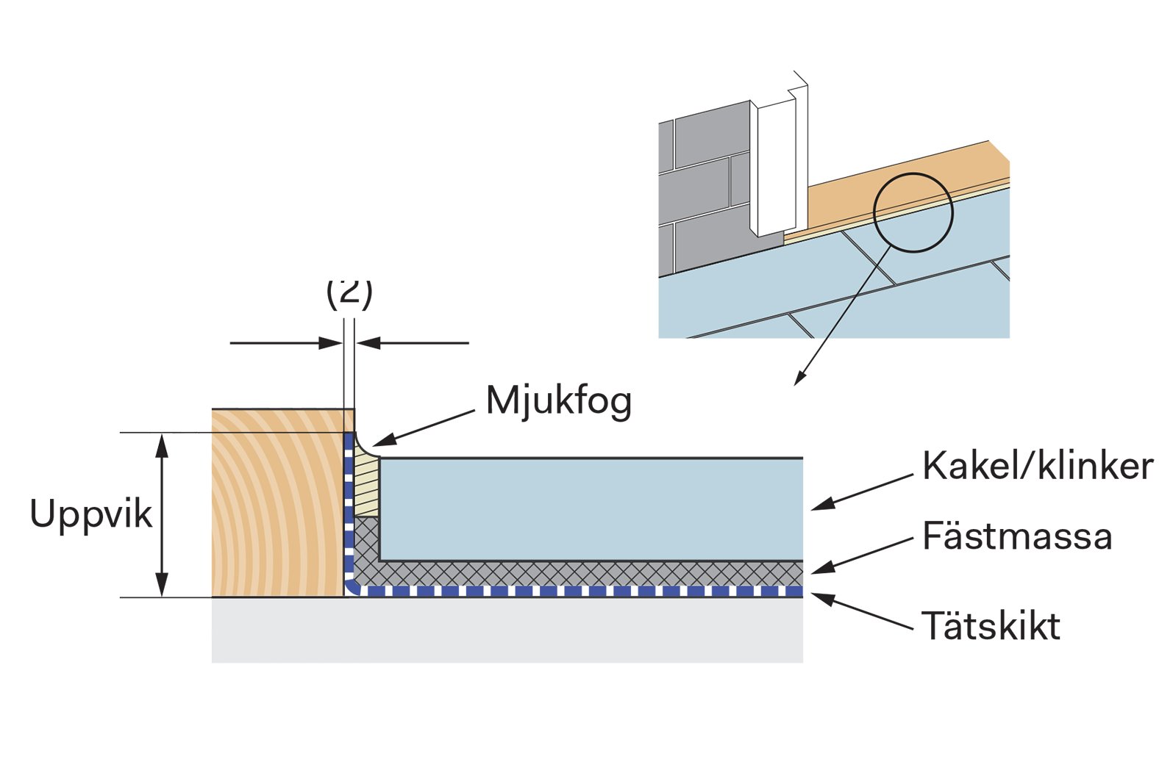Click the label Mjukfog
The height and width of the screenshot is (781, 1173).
(x=558, y=401)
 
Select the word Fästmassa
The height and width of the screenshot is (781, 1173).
(x=1016, y=536)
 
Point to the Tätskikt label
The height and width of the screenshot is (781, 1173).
(x=990, y=627)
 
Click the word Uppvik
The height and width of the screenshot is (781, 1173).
(x=90, y=514)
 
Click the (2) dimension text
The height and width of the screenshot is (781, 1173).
(x=349, y=292)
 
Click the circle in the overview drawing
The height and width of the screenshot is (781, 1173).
(x=913, y=213)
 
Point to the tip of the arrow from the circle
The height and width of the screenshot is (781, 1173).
(x=796, y=383)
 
